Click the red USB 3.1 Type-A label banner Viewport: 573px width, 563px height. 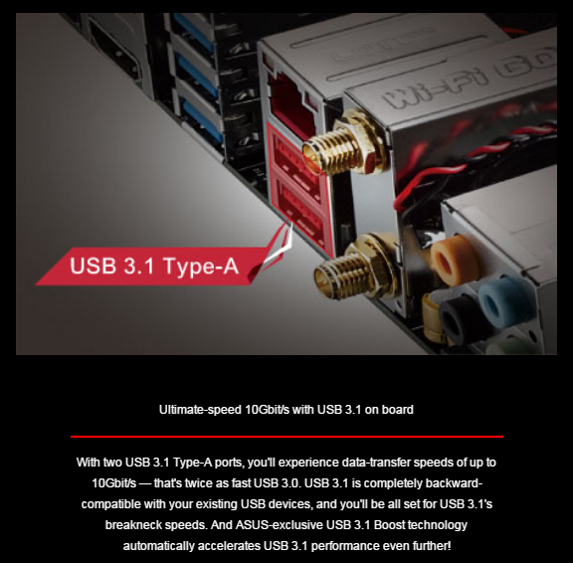point(153,266)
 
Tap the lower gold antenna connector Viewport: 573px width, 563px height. point(356,269)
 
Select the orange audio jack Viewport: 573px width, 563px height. point(454,261)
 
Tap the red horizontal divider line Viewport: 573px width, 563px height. point(286,437)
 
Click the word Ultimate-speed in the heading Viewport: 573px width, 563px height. point(200,410)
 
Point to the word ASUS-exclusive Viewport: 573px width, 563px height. point(280,525)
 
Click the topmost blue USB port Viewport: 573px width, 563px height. point(194,33)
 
